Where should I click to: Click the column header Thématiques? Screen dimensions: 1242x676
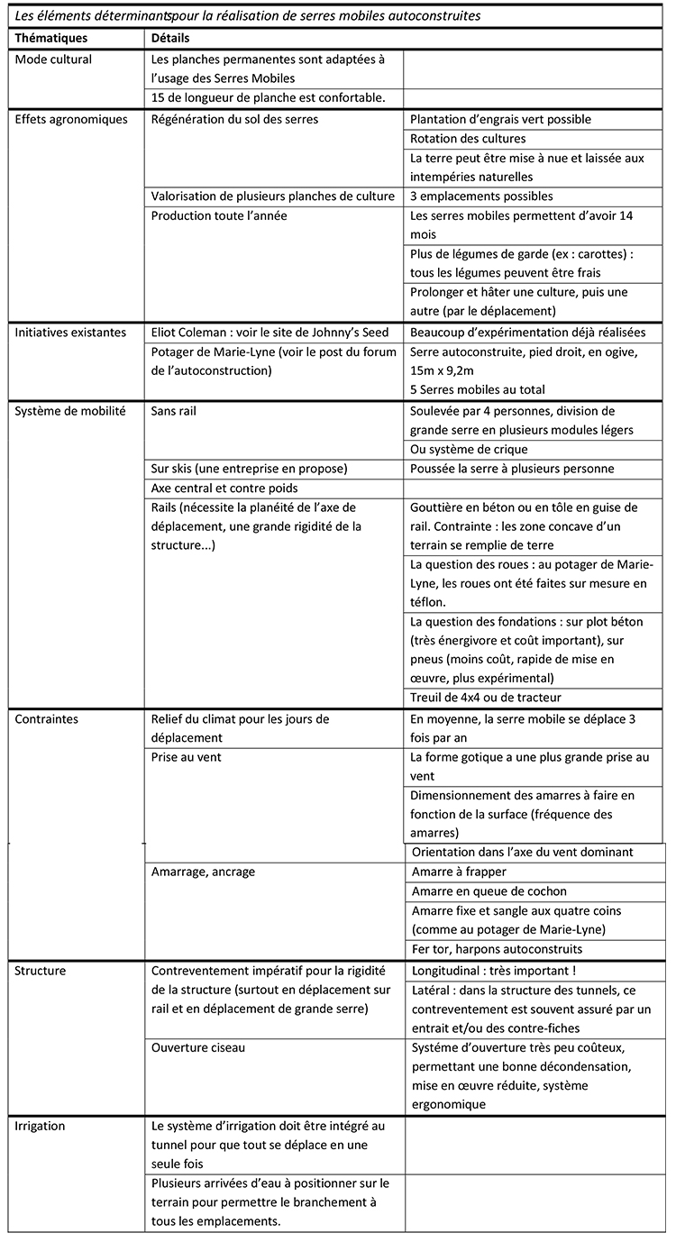click(x=51, y=39)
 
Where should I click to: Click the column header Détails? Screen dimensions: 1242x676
click(x=170, y=39)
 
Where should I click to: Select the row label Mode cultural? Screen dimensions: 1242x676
click(x=54, y=59)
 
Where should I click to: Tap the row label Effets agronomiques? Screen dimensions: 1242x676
click(x=71, y=119)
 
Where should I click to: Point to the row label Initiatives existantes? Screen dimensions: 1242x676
click(x=70, y=333)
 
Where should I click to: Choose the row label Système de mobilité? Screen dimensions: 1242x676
click(x=70, y=411)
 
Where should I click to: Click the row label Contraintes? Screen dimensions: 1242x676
click(x=47, y=719)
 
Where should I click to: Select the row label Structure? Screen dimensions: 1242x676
click(x=41, y=971)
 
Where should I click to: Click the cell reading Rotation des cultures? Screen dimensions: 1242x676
click(x=468, y=139)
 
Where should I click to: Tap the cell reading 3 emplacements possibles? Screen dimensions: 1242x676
click(x=481, y=196)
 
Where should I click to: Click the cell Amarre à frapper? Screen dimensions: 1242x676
click(x=459, y=872)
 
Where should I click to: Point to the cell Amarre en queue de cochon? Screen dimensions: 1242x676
click(x=489, y=891)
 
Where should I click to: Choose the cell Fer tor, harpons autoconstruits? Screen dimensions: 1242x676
click(x=497, y=949)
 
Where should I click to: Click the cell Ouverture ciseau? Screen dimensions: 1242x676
click(x=198, y=1047)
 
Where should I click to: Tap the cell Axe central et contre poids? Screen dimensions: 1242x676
click(x=225, y=488)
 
